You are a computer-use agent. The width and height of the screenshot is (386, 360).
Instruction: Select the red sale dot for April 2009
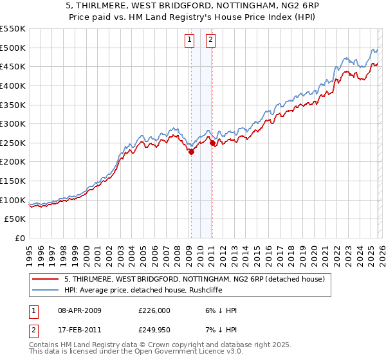[x=191, y=152]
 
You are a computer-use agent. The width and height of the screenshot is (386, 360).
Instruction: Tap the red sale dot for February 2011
[x=212, y=143]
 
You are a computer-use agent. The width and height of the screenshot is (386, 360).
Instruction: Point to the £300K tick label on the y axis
[x=13, y=123]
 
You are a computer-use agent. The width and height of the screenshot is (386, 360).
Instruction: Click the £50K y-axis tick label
[x=15, y=219]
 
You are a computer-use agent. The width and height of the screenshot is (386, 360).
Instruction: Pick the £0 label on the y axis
[x=21, y=239]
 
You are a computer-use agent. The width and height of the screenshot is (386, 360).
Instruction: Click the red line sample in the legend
[x=46, y=279]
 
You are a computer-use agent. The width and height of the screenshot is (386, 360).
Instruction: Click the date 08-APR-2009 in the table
[x=80, y=310]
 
